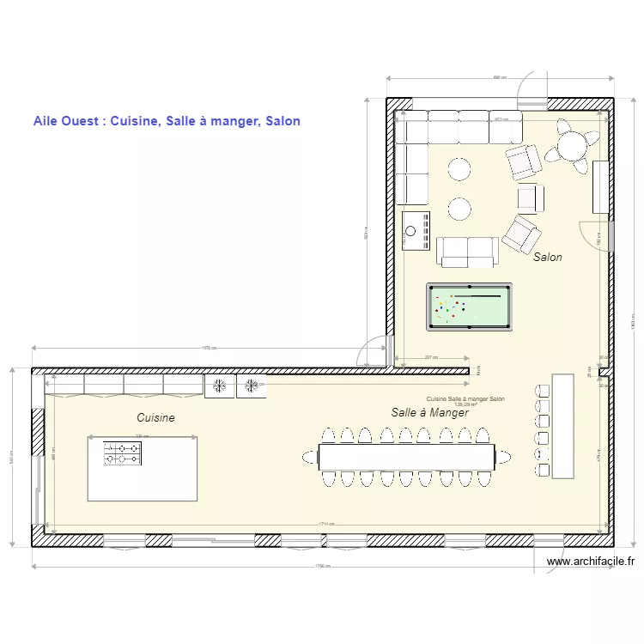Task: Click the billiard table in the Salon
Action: [x=469, y=307]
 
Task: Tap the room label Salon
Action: [x=548, y=257]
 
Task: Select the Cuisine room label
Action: [x=155, y=417]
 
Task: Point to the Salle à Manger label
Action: [x=429, y=413]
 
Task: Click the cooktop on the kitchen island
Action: [x=123, y=453]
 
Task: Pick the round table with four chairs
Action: [x=572, y=145]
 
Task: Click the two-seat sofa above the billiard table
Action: [x=467, y=251]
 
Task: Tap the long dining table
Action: [x=406, y=456]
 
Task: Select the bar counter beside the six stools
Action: [x=562, y=425]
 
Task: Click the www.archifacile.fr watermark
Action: [x=590, y=562]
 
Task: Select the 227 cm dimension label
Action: [x=431, y=357]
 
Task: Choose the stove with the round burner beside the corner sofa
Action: [x=416, y=229]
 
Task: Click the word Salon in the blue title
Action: [x=283, y=121]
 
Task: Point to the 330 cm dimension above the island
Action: [x=142, y=436]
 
